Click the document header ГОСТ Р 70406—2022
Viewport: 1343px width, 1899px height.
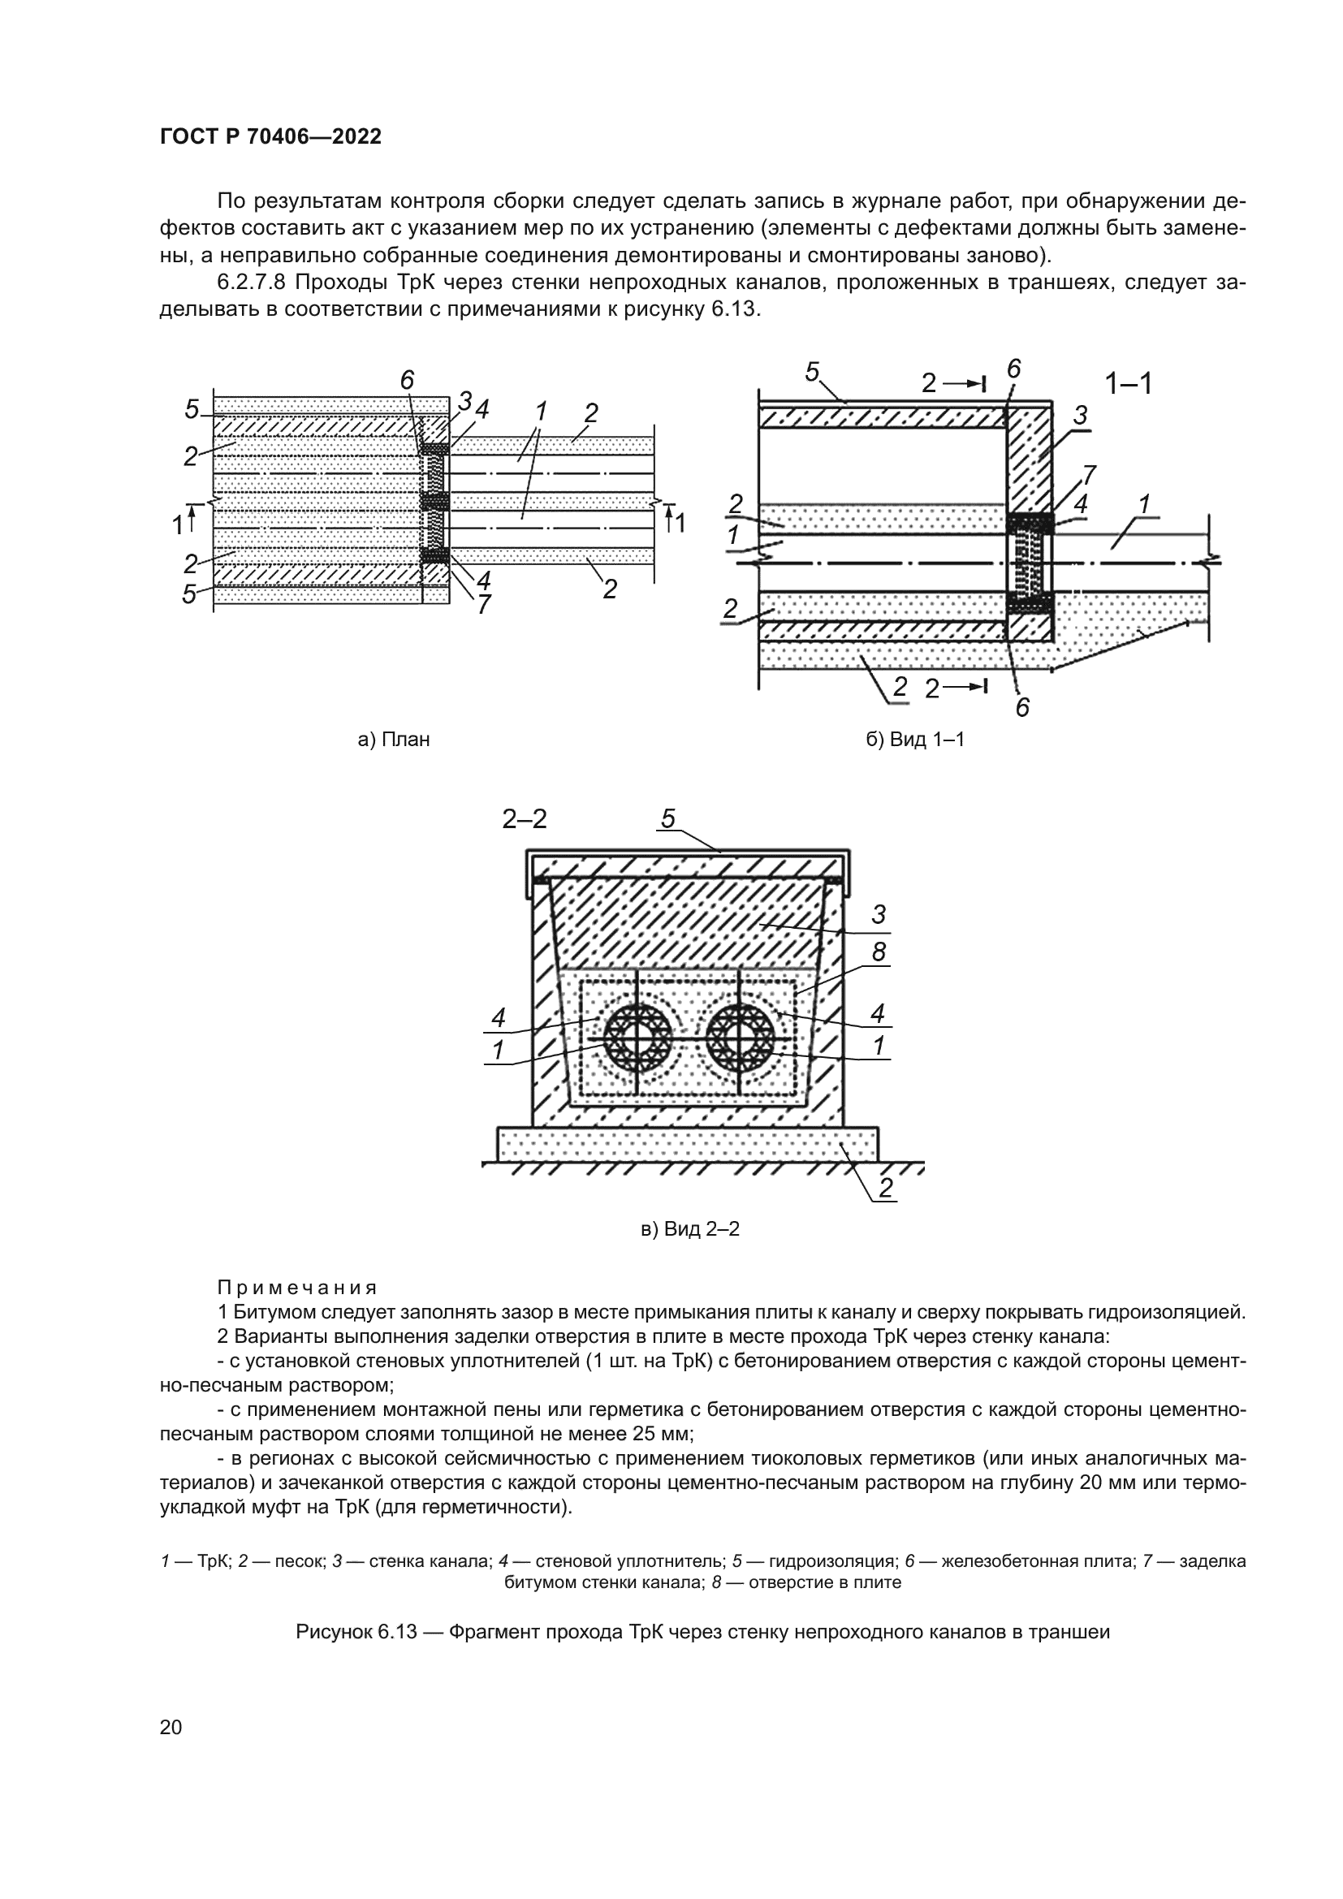tap(270, 137)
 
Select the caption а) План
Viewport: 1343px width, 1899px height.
tap(394, 740)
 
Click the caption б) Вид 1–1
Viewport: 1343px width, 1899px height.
tap(915, 740)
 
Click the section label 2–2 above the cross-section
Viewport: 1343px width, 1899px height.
tap(525, 819)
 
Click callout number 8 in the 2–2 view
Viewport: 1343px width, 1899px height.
tap(879, 953)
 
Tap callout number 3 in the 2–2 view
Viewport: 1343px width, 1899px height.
tap(879, 915)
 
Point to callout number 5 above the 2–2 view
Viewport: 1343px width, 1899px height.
tap(668, 819)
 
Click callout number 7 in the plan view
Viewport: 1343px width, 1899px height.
tap(484, 605)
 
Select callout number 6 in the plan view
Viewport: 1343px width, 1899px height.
tap(407, 381)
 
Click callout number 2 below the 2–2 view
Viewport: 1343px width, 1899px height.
tap(885, 1189)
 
